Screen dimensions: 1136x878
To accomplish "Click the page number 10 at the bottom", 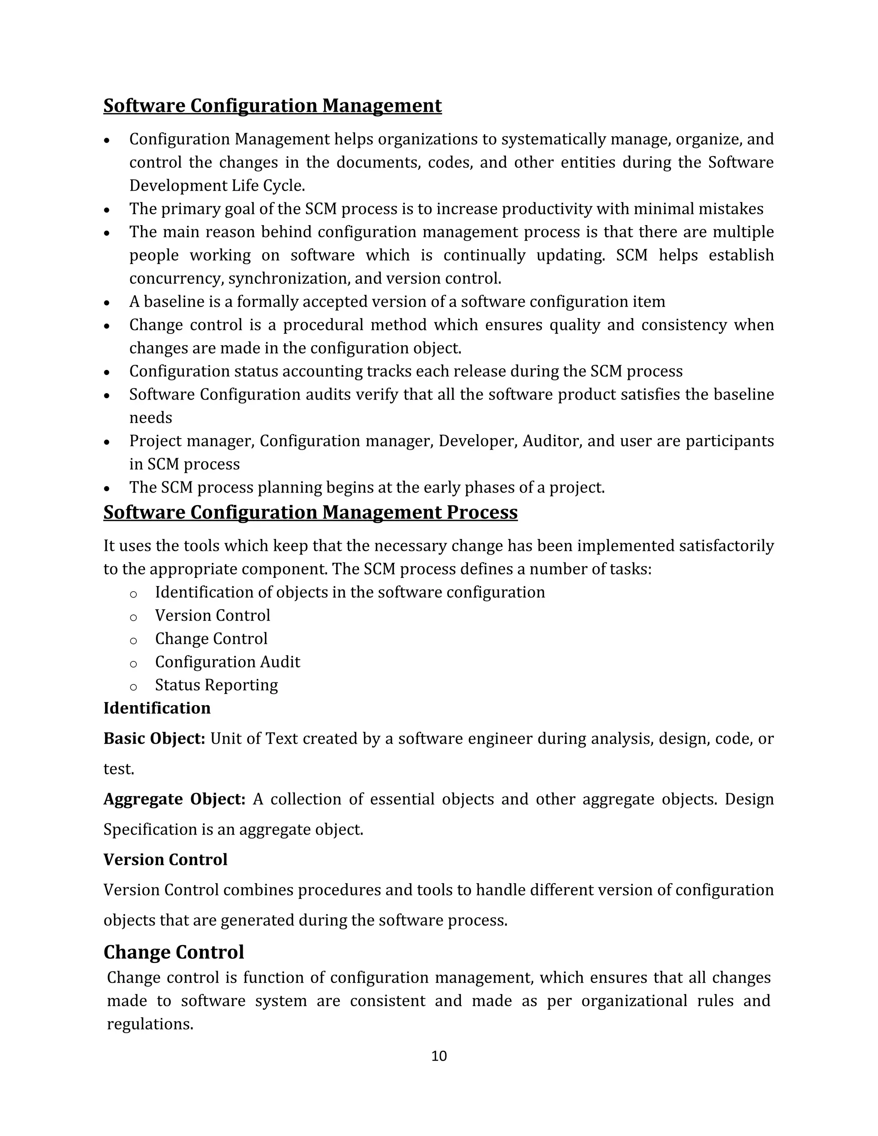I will coord(439,1056).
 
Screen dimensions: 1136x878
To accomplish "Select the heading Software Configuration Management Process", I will coord(310,512).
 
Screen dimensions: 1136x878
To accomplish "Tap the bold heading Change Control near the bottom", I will coord(173,952).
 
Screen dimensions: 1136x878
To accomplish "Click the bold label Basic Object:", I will coord(154,739).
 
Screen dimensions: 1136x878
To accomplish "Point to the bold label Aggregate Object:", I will coord(174,799).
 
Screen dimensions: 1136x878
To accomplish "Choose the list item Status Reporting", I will coord(216,685).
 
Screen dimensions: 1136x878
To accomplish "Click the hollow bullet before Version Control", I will coord(133,617).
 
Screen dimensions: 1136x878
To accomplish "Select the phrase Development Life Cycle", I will coord(216,186).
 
